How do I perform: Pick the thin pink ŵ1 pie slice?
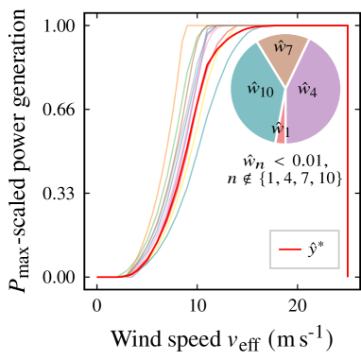coord(281,132)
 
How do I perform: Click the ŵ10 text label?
coord(260,90)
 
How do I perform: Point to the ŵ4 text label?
coord(307,90)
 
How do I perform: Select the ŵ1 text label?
coord(281,129)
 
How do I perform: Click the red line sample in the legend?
coord(290,249)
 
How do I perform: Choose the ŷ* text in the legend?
coord(317,249)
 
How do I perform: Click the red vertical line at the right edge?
coord(347,151)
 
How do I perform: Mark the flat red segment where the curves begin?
coord(107,277)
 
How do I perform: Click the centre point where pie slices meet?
coord(285,88)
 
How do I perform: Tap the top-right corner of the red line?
coord(347,26)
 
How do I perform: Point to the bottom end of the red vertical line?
coord(347,276)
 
